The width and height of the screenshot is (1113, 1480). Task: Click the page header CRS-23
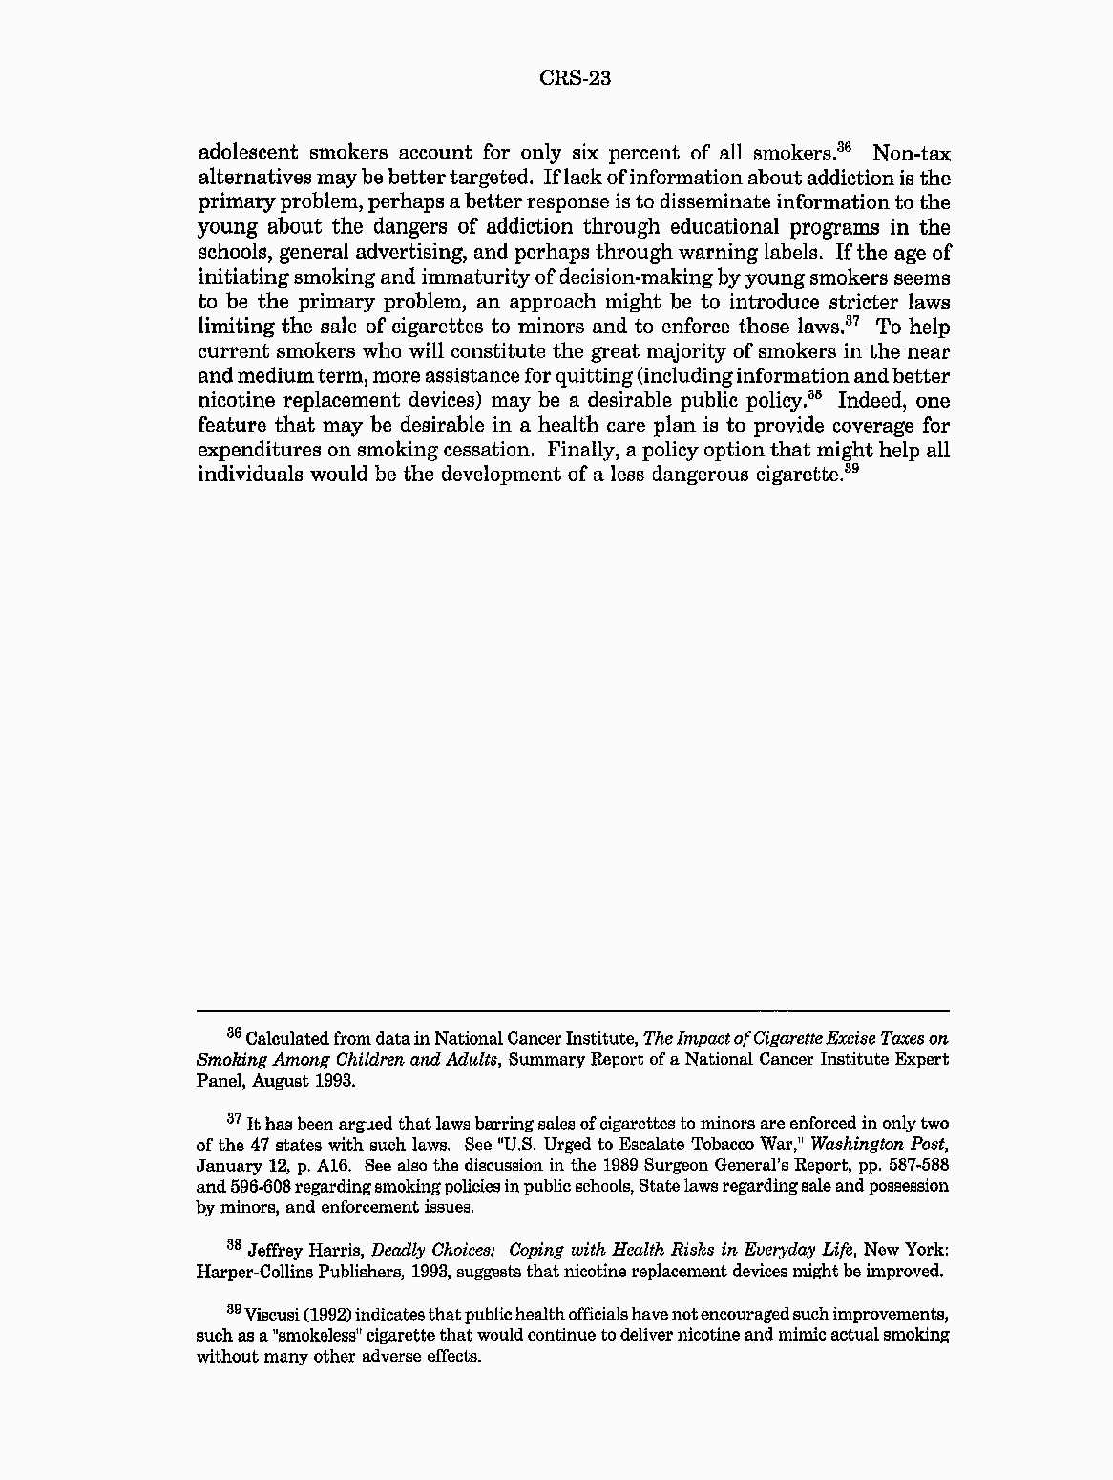pyautogui.click(x=575, y=78)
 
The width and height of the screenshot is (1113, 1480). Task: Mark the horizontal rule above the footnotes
pyautogui.click(x=573, y=1010)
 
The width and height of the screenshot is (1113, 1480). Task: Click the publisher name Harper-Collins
pyautogui.click(x=252, y=1271)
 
